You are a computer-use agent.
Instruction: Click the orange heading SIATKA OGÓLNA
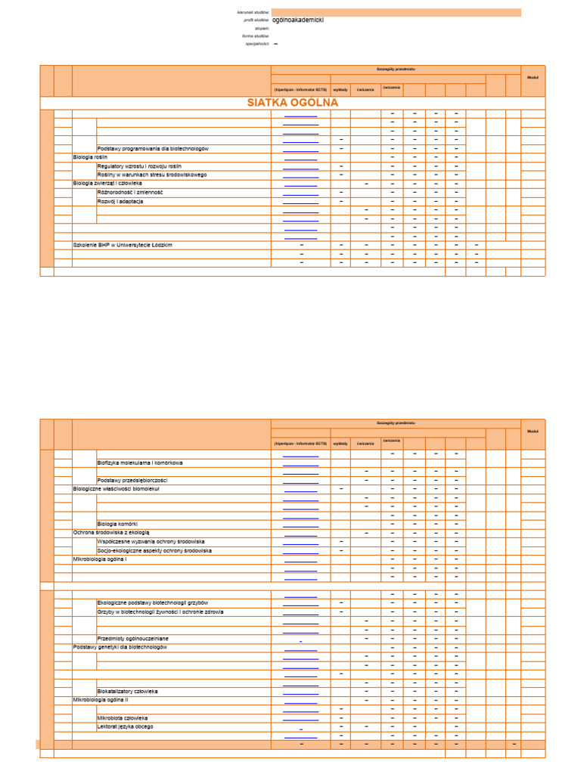292,103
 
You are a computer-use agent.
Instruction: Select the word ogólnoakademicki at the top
298,20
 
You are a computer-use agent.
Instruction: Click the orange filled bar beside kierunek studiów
396,12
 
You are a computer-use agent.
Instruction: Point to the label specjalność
257,44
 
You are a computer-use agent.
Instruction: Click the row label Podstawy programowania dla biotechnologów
153,148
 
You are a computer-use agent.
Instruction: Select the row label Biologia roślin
91,157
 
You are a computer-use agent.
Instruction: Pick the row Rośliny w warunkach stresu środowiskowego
152,175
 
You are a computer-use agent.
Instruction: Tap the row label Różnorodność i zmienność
130,192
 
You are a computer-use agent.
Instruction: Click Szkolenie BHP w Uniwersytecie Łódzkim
123,245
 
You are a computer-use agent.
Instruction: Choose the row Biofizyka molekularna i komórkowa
140,462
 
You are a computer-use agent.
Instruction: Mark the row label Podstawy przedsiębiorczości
132,480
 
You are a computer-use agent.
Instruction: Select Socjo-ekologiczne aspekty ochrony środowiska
154,550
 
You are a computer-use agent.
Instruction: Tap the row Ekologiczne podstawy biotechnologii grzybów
153,602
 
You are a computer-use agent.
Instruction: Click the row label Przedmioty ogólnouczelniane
133,638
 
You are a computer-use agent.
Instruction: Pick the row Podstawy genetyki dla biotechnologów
120,647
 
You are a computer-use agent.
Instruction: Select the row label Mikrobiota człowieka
123,717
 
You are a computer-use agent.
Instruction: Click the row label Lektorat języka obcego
125,726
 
